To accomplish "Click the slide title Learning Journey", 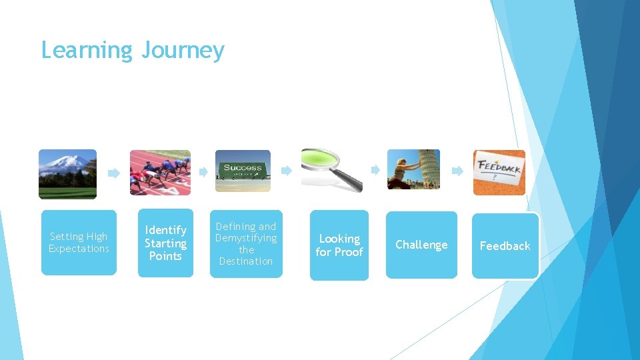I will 133,51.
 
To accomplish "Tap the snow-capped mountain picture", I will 67,174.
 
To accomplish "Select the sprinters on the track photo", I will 159,173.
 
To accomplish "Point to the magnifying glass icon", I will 331,170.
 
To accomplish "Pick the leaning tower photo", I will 413,169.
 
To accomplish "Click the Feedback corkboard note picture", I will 499,172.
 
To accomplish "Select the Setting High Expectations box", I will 79,243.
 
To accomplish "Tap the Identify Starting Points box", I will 165,243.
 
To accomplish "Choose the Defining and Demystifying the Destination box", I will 246,244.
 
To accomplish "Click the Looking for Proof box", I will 339,245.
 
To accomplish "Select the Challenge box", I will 421,245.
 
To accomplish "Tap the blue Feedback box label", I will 505,246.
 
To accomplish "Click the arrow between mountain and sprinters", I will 114,173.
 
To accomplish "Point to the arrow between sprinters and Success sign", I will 203,171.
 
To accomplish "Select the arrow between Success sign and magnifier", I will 286,171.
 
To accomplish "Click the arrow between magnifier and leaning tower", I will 375,170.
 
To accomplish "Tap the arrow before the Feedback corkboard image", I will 457,171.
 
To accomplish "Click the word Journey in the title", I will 183,51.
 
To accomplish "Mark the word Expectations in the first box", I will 79,249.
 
